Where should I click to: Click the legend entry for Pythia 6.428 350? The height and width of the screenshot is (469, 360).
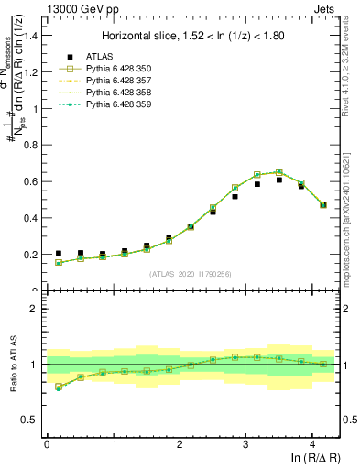(113, 69)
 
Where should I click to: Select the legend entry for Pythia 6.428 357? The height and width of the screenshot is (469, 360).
(113, 81)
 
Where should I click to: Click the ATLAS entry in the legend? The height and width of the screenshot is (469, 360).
(95, 57)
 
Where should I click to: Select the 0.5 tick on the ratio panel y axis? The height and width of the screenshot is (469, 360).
(34, 420)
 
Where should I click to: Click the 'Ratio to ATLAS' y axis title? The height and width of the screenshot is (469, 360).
(12, 365)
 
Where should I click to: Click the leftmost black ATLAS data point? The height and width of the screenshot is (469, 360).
(59, 254)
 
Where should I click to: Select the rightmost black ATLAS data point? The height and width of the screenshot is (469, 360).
(323, 204)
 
